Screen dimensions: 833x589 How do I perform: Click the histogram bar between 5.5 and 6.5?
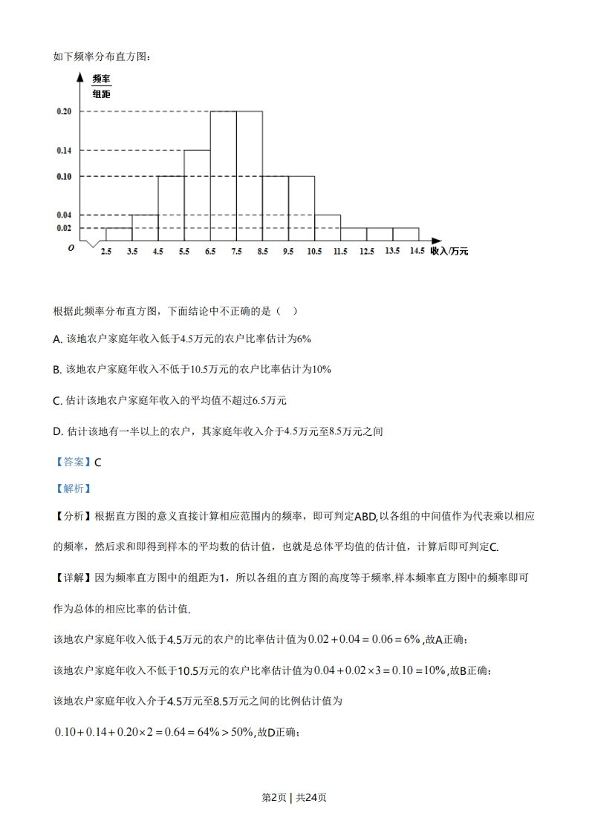[197, 195]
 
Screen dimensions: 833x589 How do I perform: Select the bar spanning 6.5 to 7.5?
[224, 176]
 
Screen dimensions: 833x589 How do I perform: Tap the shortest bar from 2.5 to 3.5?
[119, 234]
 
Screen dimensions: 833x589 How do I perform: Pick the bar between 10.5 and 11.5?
[328, 228]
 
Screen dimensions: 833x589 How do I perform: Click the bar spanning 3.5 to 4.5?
[145, 228]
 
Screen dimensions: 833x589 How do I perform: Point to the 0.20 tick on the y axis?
[64, 111]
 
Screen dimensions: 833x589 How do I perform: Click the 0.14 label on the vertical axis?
[64, 151]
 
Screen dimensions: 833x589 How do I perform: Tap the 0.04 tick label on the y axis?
[64, 215]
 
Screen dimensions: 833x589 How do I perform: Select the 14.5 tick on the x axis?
[417, 252]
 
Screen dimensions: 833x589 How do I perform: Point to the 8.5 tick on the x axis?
[262, 252]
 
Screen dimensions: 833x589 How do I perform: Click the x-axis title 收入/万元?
[449, 252]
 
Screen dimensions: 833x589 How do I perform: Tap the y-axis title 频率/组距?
[101, 86]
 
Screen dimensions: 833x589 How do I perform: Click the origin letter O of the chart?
[71, 249]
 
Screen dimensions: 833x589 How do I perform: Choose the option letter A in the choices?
[57, 339]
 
